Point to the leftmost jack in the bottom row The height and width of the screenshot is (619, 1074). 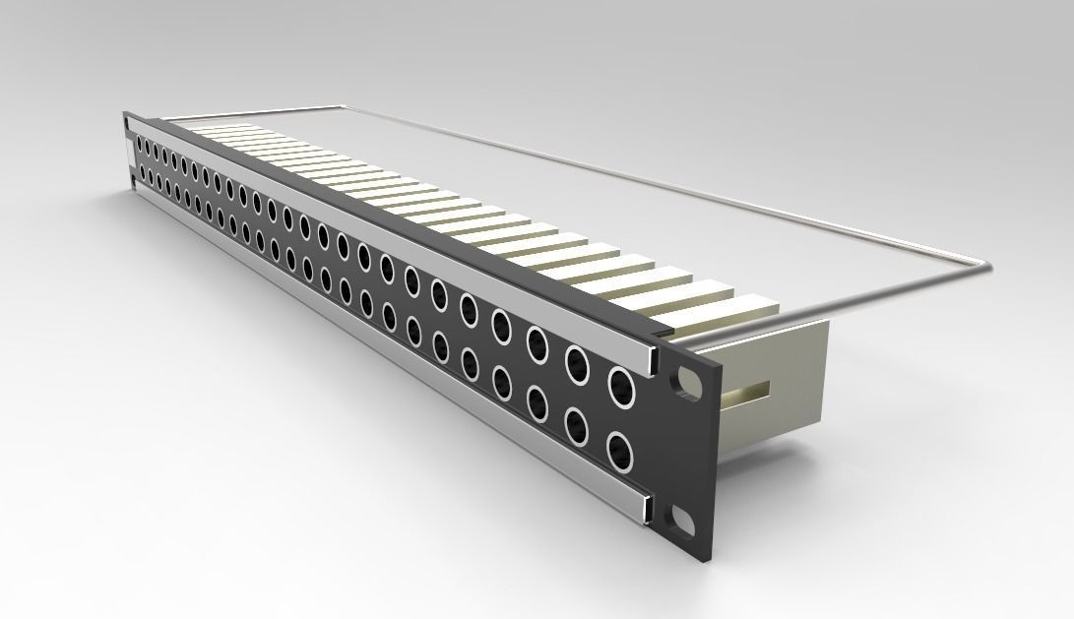tap(143, 177)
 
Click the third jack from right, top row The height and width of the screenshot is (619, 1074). tap(537, 344)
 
